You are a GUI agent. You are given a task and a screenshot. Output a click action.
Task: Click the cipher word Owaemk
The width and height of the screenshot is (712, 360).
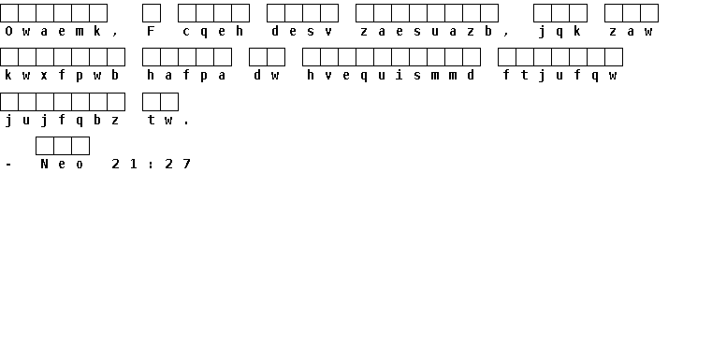coord(52,31)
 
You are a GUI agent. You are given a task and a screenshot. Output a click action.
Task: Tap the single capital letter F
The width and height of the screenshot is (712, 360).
coord(152,31)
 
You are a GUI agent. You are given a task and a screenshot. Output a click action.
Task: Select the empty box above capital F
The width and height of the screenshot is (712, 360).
coord(152,13)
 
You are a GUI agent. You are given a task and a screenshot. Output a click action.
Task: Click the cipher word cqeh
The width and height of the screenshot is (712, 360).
coord(213,31)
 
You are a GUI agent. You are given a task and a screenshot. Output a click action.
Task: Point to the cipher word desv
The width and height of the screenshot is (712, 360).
coord(302,31)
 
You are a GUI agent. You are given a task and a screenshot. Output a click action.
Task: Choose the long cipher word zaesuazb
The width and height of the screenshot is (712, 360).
coord(427,31)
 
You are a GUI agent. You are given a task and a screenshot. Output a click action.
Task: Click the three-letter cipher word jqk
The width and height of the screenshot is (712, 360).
coord(559,31)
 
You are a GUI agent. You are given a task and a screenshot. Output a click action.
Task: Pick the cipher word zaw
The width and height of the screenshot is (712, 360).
coord(632,31)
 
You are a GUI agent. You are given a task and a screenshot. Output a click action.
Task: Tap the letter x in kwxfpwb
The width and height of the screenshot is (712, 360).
coord(44,76)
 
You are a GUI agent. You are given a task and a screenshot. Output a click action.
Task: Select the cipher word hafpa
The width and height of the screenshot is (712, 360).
coord(186,76)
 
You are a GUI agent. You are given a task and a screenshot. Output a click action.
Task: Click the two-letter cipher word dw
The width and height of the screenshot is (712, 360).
coord(267,75)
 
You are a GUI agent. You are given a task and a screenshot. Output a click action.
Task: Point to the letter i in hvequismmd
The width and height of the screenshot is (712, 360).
coord(400,75)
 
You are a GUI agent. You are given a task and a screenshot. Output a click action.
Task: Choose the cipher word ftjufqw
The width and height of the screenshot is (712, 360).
coord(559,76)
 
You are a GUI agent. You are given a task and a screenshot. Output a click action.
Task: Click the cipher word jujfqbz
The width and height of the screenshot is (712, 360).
coord(62,120)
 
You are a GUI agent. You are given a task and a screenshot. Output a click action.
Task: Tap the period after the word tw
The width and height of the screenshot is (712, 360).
coord(186,123)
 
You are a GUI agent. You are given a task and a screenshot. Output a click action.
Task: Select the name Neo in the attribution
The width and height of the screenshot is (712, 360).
coord(62,164)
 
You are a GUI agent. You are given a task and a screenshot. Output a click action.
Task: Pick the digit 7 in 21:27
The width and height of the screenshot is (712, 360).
coord(186,164)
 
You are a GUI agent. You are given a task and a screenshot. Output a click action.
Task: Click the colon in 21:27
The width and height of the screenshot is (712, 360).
coord(151,165)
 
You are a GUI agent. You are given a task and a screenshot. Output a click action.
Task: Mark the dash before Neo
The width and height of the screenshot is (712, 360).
coord(8,165)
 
